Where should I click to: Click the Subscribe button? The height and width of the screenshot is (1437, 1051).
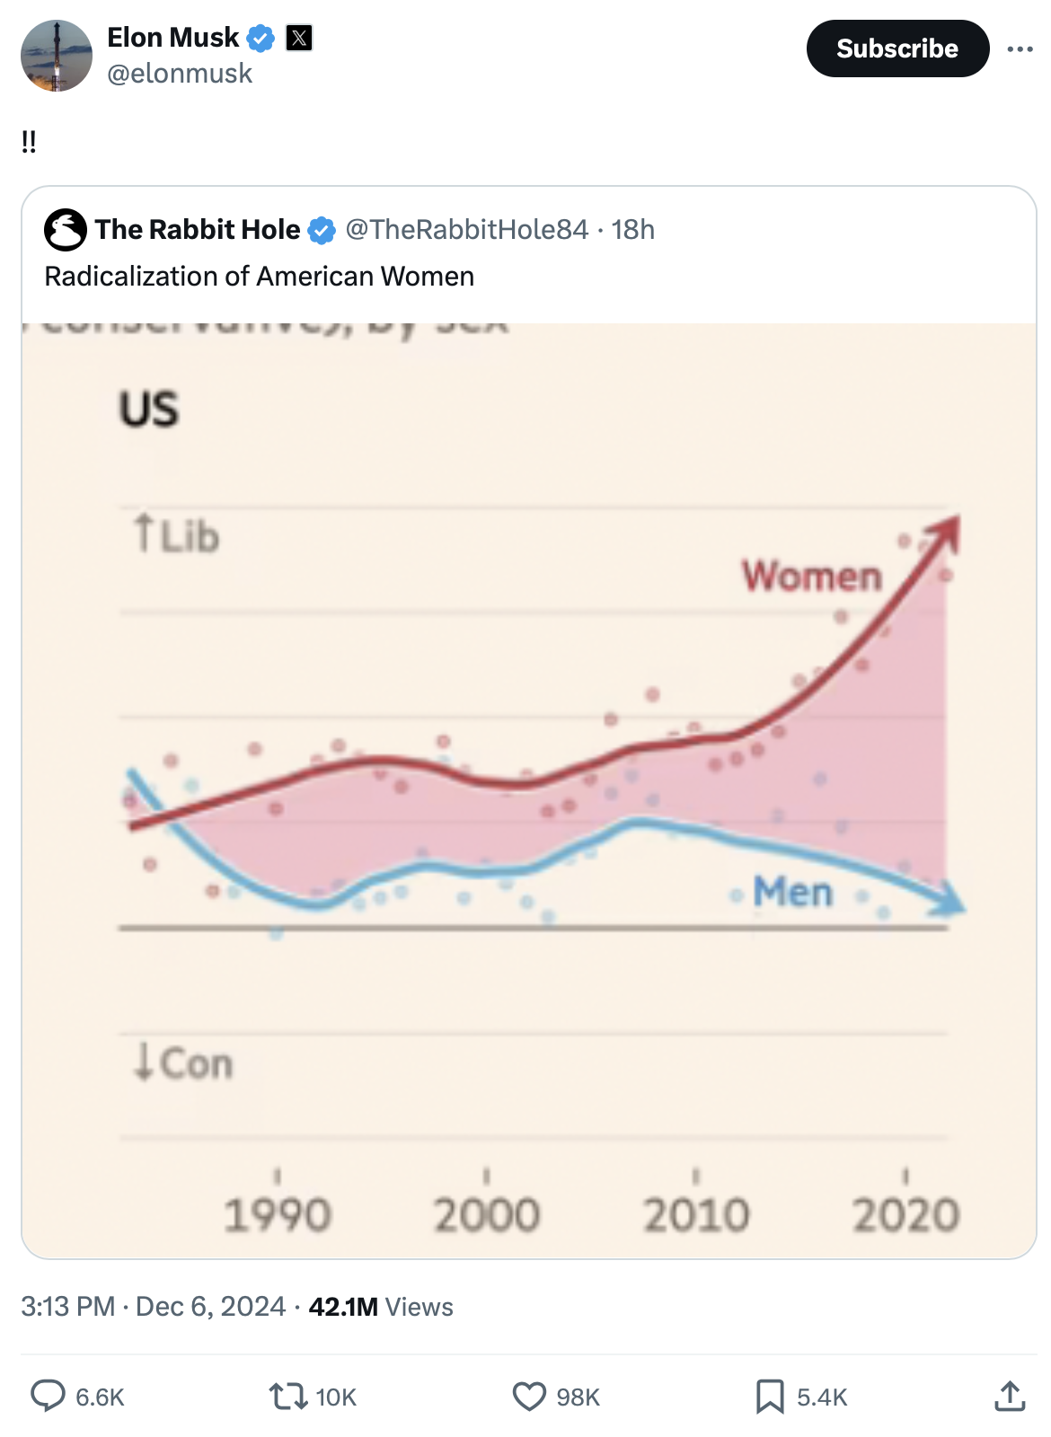[x=897, y=48]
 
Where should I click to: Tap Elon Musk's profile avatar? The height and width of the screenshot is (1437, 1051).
[x=57, y=56]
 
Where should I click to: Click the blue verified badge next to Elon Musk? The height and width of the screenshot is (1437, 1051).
[x=261, y=38]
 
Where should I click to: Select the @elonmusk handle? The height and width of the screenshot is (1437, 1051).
[x=180, y=74]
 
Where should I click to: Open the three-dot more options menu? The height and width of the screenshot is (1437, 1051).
[x=1020, y=48]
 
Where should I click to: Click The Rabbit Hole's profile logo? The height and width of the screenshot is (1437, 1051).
[x=66, y=230]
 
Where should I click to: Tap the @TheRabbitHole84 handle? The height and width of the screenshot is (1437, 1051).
[x=466, y=230]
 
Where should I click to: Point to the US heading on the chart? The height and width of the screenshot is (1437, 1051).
[x=149, y=410]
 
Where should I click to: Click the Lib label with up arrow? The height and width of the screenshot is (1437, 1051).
[x=177, y=535]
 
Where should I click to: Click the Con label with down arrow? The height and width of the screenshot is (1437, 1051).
[x=183, y=1063]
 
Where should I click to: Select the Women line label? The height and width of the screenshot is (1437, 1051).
[x=811, y=576]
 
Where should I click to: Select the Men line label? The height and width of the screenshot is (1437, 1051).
[x=793, y=892]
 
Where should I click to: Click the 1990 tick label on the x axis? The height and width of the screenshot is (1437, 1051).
[x=278, y=1215]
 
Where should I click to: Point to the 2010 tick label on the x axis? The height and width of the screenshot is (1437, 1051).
[x=696, y=1215]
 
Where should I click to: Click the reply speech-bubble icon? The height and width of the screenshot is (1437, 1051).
[x=49, y=1396]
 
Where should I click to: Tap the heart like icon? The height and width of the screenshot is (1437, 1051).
[x=529, y=1396]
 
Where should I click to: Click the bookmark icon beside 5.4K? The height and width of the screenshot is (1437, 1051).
[x=770, y=1396]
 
